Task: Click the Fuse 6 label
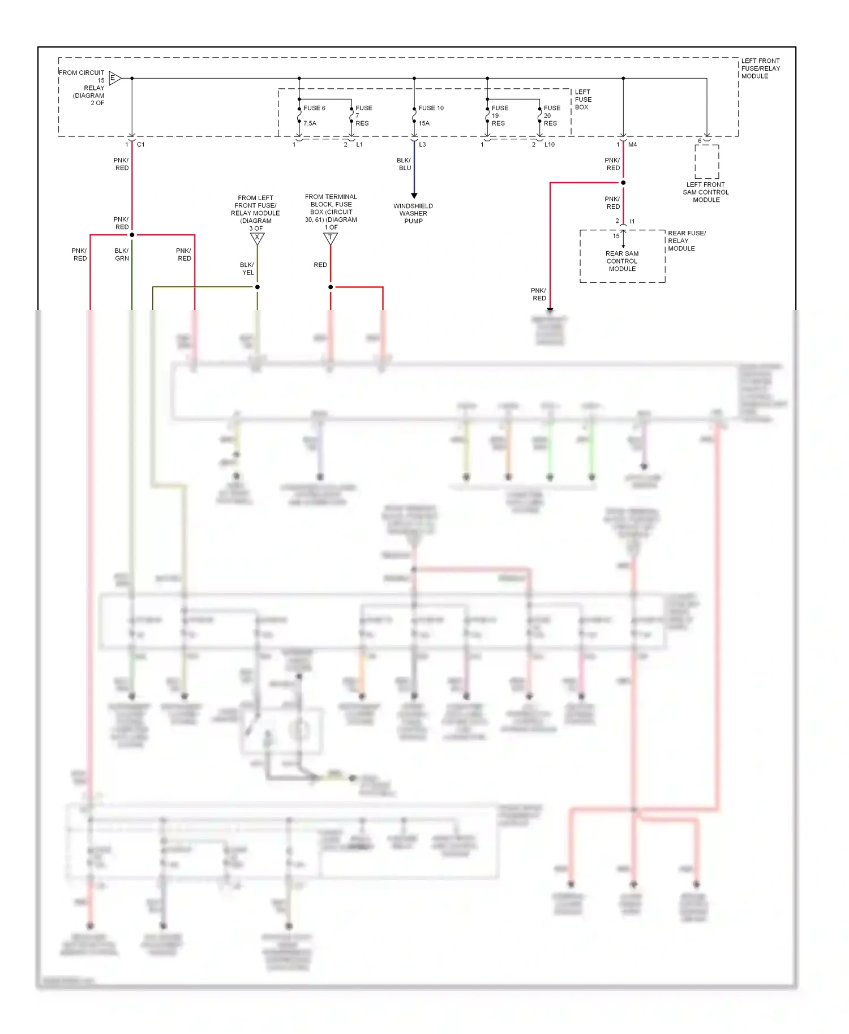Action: (314, 108)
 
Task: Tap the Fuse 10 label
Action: (431, 108)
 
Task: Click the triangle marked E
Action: (114, 78)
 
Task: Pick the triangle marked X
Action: (258, 238)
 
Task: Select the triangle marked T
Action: (331, 238)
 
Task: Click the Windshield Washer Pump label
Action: (413, 213)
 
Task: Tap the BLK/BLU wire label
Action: (404, 164)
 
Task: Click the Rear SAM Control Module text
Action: (622, 261)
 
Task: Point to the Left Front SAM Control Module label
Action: (706, 192)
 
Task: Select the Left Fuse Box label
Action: (583, 100)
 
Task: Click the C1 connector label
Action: (141, 145)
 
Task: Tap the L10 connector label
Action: (550, 145)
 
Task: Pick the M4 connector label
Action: (632, 145)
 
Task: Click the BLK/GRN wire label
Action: (122, 255)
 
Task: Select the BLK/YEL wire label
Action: (247, 269)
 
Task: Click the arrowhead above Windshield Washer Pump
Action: (414, 195)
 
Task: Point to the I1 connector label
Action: (632, 221)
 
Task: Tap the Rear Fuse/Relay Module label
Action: (686, 240)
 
